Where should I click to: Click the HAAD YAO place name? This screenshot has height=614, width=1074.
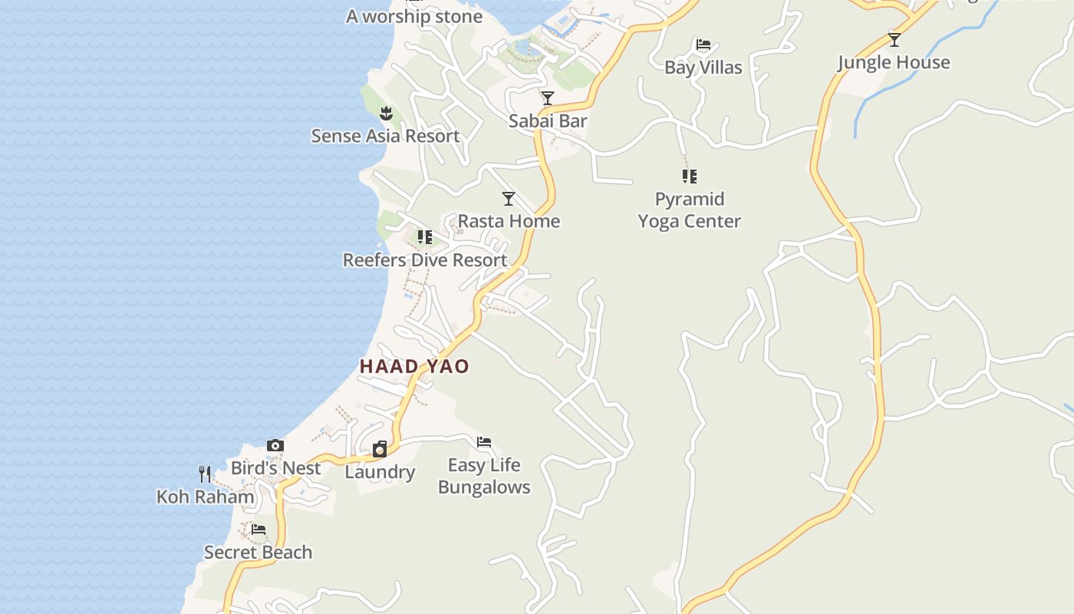pos(414,367)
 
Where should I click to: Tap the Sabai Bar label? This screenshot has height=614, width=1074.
pos(548,121)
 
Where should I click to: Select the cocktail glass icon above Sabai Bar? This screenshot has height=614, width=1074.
pos(548,98)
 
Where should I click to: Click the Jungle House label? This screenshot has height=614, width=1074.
pos(894,63)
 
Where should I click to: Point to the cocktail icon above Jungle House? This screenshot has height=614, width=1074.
pos(894,40)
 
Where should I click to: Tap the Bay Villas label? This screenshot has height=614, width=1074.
pos(703,68)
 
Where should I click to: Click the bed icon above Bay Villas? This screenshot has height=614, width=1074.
pos(703,45)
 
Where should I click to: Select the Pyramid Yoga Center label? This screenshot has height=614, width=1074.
pos(689,210)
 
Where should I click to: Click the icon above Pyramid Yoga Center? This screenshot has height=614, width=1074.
pos(689,177)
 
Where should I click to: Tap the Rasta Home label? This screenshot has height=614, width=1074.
pos(509,222)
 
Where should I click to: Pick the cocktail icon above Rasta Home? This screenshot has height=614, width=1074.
pos(509,199)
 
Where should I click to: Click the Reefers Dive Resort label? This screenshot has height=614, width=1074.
pos(424,260)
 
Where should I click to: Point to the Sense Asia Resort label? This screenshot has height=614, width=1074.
pos(385,137)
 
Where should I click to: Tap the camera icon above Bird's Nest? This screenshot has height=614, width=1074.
pos(275,445)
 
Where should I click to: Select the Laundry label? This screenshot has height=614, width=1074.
pos(380,472)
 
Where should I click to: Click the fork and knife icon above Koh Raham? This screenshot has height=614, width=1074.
pos(205,474)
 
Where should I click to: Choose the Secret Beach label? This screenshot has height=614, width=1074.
pos(258,553)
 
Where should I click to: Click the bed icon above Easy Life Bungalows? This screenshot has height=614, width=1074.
pos(484,442)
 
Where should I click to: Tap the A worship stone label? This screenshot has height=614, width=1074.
pos(414,17)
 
